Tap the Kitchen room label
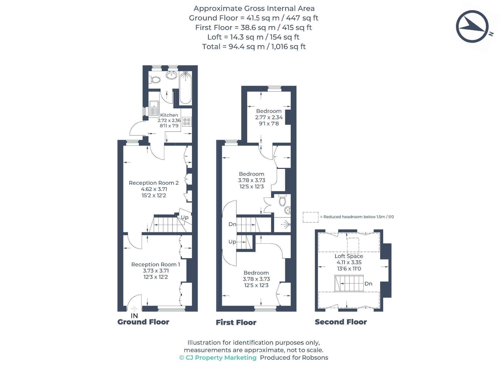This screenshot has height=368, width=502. point(169,115)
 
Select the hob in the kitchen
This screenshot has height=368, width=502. point(187,122)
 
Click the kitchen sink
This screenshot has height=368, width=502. point(154,108)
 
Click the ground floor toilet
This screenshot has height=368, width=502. point(156,80)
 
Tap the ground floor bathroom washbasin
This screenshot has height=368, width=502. point(172,75)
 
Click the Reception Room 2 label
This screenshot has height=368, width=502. point(154,183)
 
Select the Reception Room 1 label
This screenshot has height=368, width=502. point(156,264)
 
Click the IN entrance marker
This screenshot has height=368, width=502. point(134,316)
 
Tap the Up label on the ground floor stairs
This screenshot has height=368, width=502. point(185,217)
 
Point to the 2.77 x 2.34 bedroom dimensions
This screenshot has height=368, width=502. point(269,117)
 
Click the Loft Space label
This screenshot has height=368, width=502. point(349,256)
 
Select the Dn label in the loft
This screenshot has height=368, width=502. point(368,284)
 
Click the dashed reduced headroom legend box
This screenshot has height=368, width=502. point(311,217)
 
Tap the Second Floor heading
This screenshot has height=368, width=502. point(341,322)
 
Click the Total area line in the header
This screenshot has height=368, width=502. point(254,47)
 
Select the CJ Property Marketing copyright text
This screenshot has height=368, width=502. point(218,358)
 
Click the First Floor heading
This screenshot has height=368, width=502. point(236,323)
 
